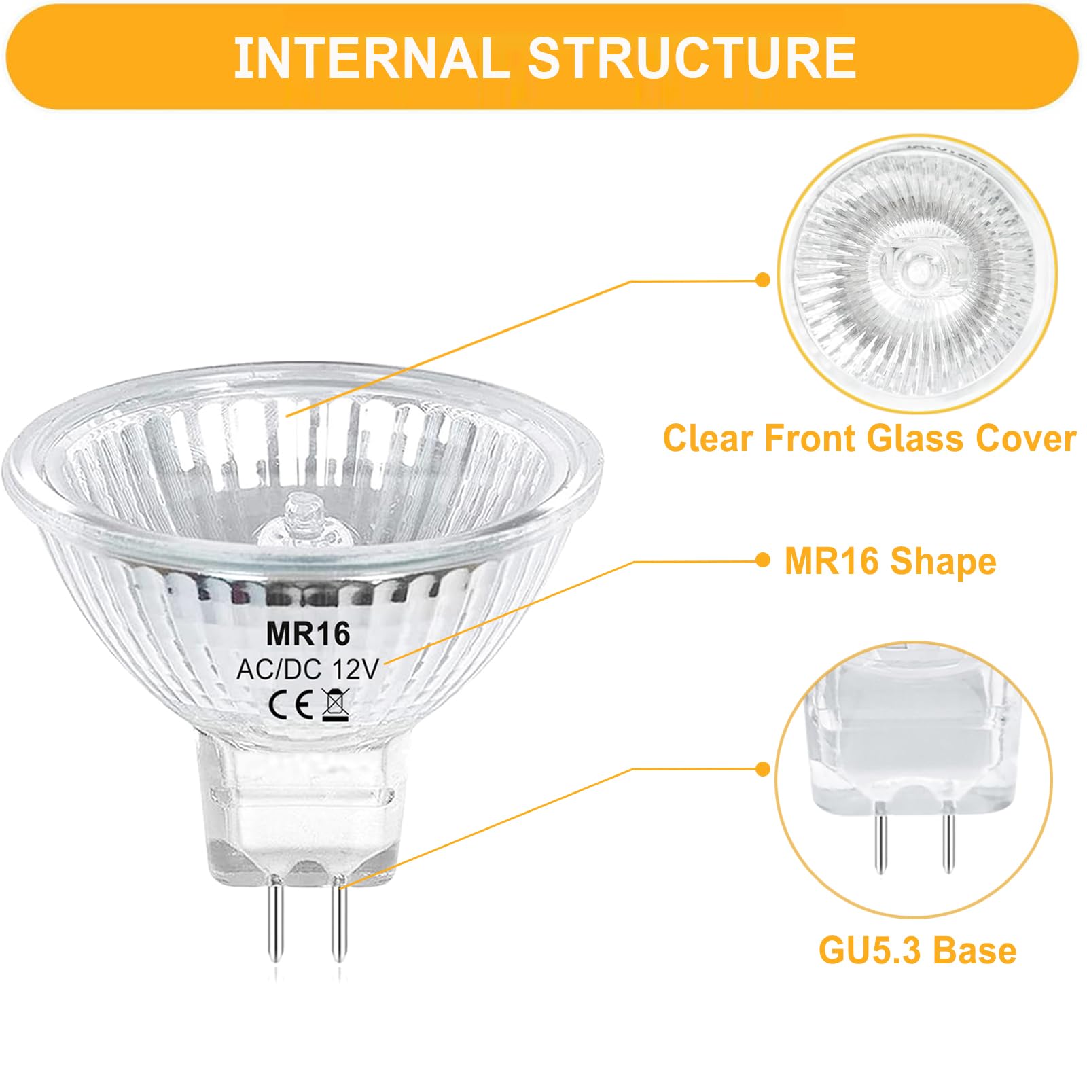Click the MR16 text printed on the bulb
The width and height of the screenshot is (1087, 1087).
tap(308, 634)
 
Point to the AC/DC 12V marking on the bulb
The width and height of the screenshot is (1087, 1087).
tap(306, 670)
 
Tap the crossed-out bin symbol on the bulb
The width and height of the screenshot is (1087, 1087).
tap(336, 704)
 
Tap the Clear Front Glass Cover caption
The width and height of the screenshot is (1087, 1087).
tap(870, 438)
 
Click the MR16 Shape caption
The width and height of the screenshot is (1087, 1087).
tap(890, 562)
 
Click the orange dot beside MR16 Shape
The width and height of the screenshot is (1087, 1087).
tap(764, 560)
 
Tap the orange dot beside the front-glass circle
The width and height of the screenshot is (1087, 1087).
tap(764, 279)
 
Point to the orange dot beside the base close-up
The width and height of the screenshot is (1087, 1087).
tap(764, 769)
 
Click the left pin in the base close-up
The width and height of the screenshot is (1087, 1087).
tap(880, 839)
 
